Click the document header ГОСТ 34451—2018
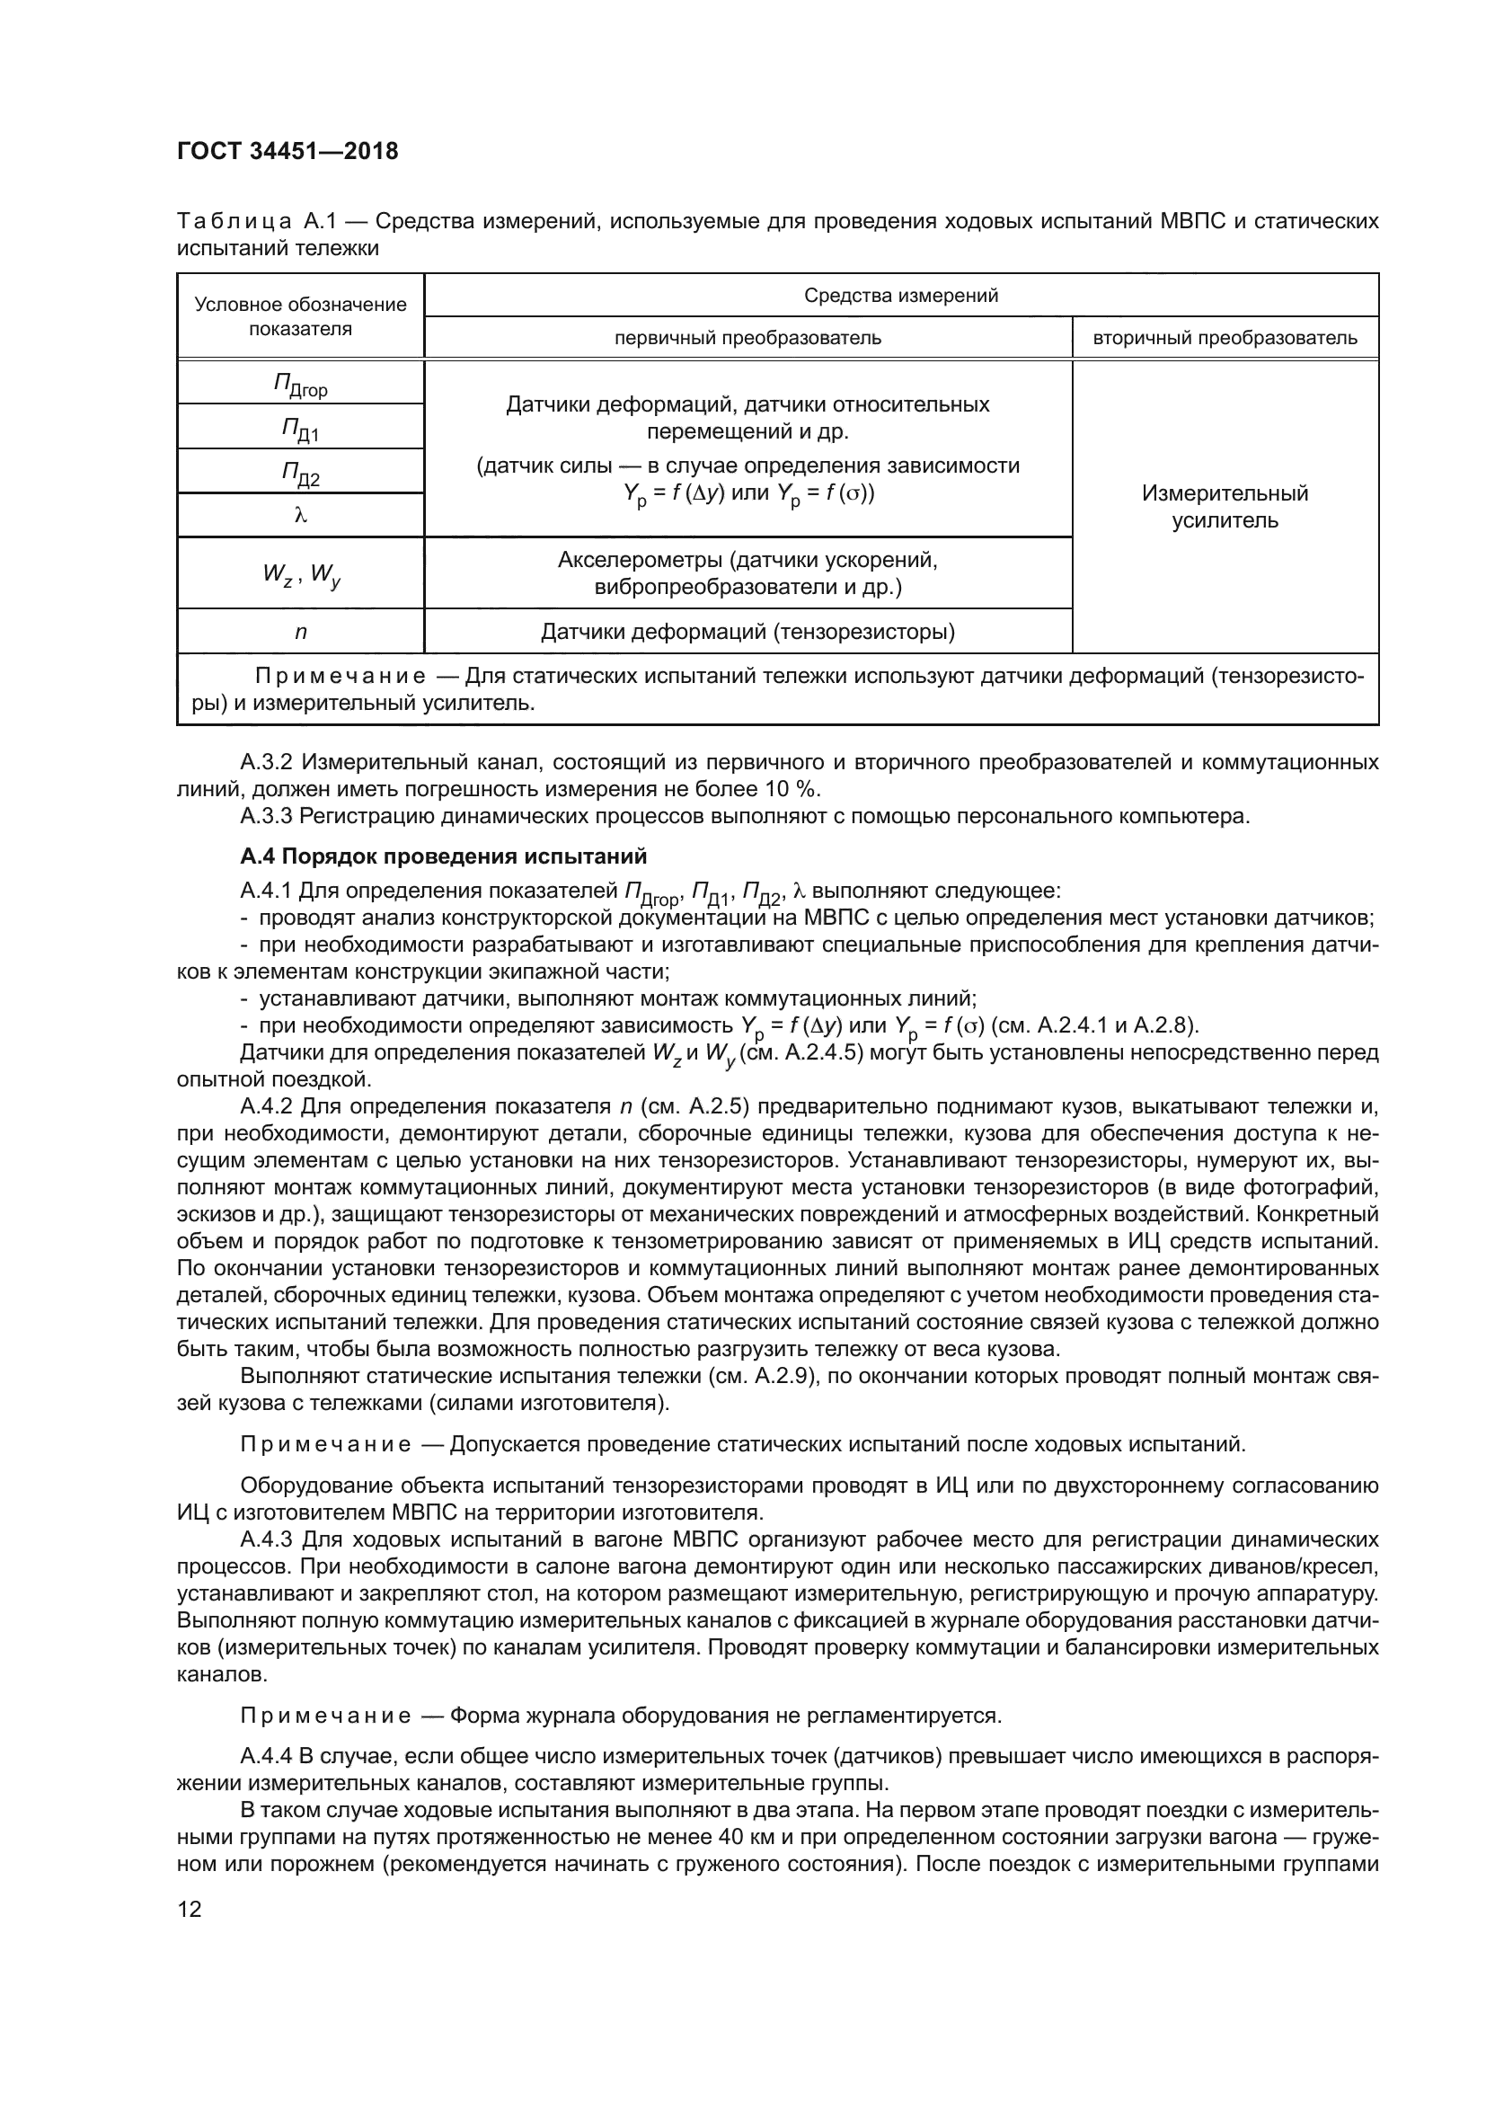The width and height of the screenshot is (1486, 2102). [287, 151]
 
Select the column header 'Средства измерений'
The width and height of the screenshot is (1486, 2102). [900, 296]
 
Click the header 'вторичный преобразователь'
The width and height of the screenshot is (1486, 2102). [1225, 338]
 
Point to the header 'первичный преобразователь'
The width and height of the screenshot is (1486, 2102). [747, 338]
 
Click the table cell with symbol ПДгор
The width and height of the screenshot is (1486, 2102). [300, 385]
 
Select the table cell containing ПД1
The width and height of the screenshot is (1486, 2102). [300, 428]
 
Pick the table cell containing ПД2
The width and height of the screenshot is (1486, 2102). [300, 473]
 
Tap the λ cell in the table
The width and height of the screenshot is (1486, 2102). [300, 516]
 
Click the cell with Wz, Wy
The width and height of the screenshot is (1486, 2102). [300, 574]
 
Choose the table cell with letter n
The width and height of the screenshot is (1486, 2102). [300, 632]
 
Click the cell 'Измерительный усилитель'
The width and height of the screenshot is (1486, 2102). [1225, 507]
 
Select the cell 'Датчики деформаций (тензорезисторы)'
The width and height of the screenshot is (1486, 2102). [747, 632]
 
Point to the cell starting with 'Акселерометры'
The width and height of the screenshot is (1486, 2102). [747, 573]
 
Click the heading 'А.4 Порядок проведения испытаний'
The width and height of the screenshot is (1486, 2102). [443, 856]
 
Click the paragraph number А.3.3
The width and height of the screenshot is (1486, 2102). [267, 816]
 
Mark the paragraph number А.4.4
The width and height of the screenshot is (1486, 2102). [265, 1756]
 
